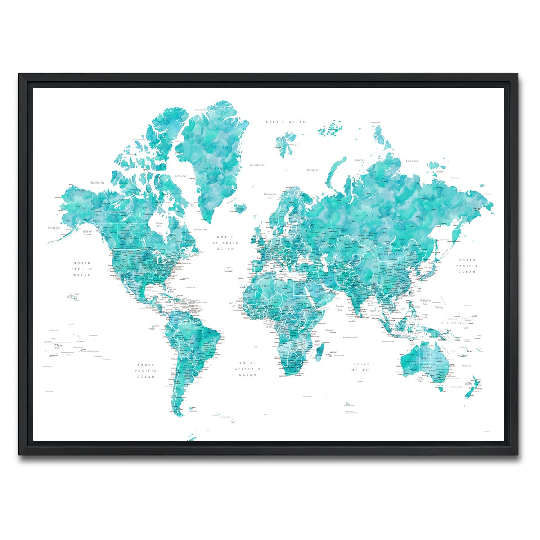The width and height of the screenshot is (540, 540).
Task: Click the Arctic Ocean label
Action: [285, 122]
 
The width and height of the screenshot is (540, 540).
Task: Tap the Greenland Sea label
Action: [258, 165]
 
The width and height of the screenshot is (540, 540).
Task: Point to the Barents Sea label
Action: [313, 170]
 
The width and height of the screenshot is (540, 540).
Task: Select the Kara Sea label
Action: [360, 160]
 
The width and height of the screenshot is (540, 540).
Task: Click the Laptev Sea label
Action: [412, 161]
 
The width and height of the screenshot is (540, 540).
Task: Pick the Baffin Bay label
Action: [181, 176]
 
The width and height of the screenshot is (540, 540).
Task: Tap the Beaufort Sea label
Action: [97, 183]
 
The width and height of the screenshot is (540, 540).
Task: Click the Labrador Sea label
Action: [200, 229]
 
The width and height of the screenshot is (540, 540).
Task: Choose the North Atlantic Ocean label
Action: [225, 243]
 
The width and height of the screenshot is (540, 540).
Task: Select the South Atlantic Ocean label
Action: [247, 369]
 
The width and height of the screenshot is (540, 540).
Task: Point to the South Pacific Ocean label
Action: [146, 370]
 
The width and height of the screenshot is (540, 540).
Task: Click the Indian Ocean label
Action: [360, 367]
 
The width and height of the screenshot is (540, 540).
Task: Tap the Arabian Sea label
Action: [340, 308]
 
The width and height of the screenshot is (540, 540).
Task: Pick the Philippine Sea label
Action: [425, 301]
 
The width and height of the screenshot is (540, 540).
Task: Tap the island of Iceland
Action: [241, 209]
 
